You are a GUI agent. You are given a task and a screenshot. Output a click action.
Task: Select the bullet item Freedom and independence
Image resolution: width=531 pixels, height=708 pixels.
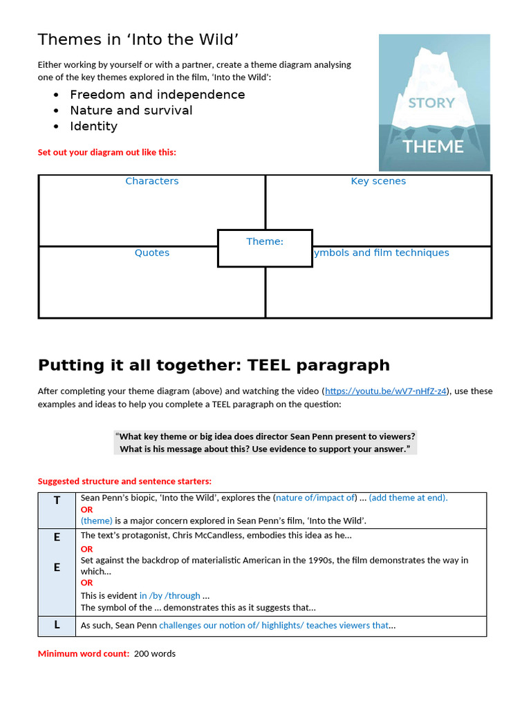coord(157,95)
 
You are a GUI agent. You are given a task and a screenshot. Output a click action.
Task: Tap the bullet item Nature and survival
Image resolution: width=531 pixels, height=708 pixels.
coord(131,111)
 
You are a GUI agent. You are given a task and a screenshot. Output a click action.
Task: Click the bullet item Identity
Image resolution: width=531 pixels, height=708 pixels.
coord(93,127)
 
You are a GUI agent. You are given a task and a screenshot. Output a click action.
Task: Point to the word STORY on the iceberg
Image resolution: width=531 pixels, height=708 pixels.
coord(431,103)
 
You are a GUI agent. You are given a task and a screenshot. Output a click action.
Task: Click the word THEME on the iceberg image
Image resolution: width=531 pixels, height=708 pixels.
coord(434,147)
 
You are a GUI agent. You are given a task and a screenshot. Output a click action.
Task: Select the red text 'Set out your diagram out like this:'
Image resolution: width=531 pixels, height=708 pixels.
coord(107,152)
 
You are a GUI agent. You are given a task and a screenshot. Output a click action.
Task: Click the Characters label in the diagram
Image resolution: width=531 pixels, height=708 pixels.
coord(152,181)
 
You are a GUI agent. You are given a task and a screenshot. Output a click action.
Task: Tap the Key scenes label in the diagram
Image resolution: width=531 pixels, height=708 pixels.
coord(378,181)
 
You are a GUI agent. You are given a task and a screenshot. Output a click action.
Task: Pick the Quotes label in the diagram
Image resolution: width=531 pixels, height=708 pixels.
coord(152,253)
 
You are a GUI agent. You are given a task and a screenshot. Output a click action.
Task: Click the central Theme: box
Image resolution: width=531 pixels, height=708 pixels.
coord(265,248)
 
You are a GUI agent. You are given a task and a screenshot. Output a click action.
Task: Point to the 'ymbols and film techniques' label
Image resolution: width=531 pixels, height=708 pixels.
coord(381,253)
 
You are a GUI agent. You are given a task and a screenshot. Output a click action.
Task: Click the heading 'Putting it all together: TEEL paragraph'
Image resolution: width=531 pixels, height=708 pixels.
coord(214,365)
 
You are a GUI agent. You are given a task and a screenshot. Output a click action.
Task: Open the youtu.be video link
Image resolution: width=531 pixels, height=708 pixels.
coord(386,391)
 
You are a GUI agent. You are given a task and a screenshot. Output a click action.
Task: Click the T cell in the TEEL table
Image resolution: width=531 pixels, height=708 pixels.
coord(57,501)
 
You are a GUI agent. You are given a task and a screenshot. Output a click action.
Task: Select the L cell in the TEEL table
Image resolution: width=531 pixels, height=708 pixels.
coord(57,625)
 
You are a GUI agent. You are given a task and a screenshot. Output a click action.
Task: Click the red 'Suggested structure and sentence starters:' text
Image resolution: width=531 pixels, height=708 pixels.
coord(124,481)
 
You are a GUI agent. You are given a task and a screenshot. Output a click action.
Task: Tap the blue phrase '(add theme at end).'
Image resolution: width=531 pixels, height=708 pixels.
coord(408,498)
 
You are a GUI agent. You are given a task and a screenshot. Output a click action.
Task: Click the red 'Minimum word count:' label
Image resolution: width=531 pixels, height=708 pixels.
coord(84,653)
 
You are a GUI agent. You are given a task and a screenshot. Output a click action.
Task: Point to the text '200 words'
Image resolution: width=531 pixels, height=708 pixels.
coord(155,653)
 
